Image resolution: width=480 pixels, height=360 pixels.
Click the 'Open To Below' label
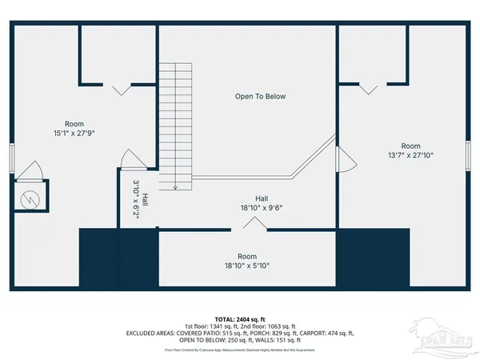point(260,97)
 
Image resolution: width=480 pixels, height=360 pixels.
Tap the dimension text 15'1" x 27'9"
point(74,134)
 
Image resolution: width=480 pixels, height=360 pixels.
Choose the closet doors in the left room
point(122,88)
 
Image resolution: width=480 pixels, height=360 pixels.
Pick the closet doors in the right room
point(368,88)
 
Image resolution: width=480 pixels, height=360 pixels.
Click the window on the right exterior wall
point(468,153)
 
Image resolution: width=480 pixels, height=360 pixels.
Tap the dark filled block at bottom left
point(118,260)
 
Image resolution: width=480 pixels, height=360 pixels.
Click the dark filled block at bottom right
point(373,260)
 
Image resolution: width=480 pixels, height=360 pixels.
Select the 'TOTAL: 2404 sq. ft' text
point(240,318)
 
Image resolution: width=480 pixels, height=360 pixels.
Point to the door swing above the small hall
point(130,159)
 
